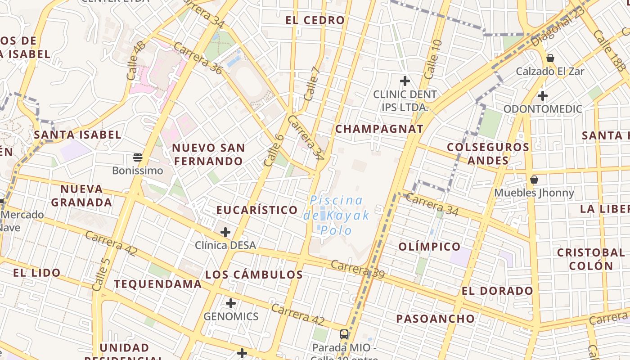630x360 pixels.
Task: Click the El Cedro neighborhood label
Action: click(315, 20)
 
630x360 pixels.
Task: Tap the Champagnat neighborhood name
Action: click(379, 129)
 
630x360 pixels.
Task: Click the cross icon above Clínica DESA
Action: click(225, 232)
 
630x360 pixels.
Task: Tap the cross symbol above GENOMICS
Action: click(231, 303)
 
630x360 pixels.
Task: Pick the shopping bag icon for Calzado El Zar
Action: click(550, 58)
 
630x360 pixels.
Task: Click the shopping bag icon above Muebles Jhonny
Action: click(534, 180)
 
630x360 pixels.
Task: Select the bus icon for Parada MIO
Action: click(344, 334)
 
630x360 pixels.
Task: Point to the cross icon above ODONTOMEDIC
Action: click(543, 95)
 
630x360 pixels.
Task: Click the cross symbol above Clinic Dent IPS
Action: click(405, 81)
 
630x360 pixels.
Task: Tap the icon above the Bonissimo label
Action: click(138, 157)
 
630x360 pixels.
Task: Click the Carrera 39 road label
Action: click(357, 269)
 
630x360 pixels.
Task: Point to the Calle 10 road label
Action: click(433, 58)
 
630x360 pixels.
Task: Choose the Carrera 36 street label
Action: click(198, 58)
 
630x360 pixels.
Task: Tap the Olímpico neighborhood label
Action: click(429, 247)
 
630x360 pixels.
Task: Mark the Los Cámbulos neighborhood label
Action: click(254, 274)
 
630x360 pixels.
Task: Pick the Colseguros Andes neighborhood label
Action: click(488, 153)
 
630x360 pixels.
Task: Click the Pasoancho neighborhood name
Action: click(435, 319)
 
